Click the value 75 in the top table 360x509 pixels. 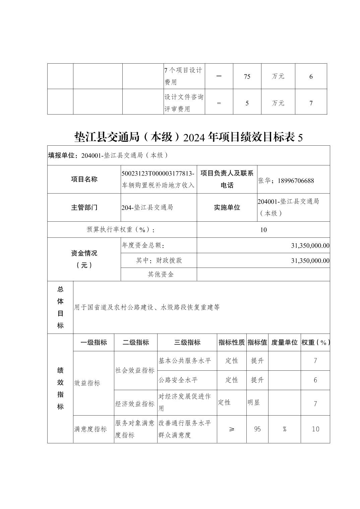pos(247,76)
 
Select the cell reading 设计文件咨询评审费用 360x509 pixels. pos(184,103)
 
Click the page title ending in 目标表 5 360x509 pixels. pos(188,137)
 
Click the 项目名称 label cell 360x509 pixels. pos(84,179)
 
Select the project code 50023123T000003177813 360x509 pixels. pos(158,173)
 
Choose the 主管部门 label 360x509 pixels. pos(84,207)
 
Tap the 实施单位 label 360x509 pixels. pos(227,207)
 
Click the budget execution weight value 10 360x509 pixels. pos(263,230)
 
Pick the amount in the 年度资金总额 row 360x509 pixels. pos(310,245)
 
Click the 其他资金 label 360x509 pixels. pos(161,274)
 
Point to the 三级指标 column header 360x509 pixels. pos(187,342)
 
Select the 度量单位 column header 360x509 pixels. pos(284,342)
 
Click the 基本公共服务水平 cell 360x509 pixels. pos(185,361)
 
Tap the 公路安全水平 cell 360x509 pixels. pos(178,380)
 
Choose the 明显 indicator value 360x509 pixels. pos(254,403)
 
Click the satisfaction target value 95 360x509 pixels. pos(257,429)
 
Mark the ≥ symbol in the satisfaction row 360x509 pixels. pos(232,429)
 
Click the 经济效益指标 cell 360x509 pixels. pos(135,404)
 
